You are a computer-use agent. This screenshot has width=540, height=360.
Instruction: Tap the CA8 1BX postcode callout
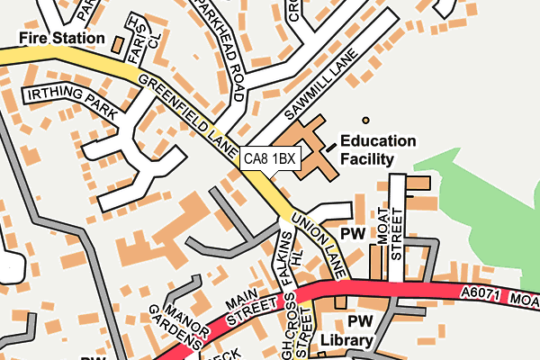[269, 158]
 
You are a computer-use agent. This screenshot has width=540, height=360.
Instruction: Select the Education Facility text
[378, 150]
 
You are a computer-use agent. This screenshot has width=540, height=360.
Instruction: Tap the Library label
[346, 341]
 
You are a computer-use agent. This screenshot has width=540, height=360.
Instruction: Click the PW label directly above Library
[359, 321]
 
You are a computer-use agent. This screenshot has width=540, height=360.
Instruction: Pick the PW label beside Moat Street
[357, 233]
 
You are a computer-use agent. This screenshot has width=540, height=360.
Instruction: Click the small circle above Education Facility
[365, 120]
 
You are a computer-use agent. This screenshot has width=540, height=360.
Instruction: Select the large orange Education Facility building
[301, 148]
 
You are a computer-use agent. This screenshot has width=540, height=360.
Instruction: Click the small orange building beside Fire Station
[118, 41]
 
